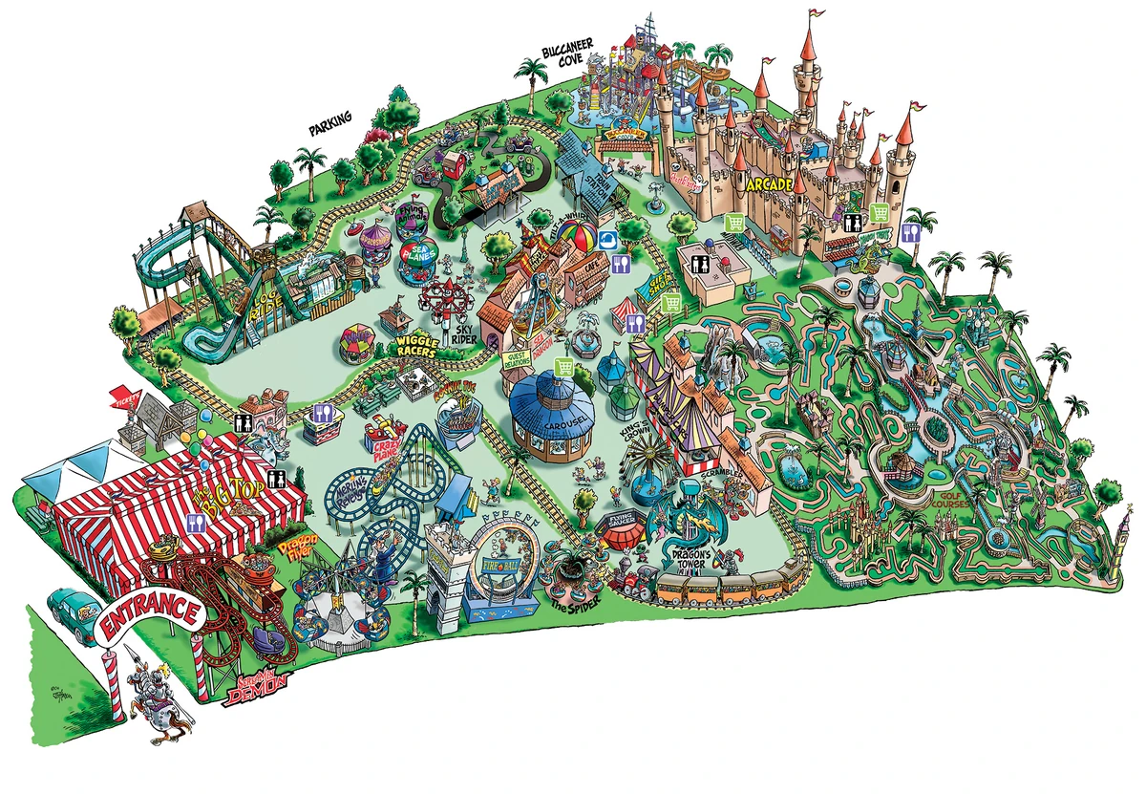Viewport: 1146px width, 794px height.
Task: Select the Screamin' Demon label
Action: pyautogui.click(x=255, y=689)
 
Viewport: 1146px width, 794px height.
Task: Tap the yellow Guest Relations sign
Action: pyautogui.click(x=516, y=357)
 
